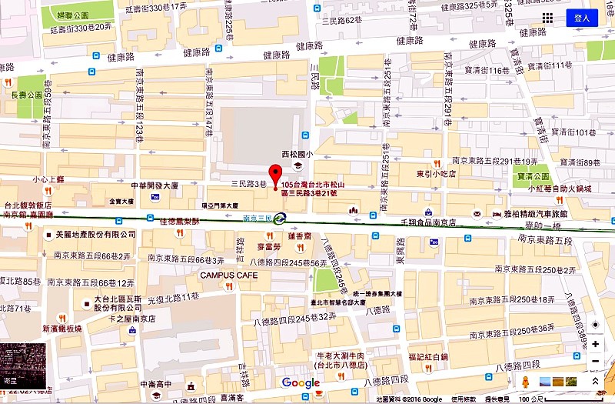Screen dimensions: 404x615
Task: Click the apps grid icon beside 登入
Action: tap(547, 18)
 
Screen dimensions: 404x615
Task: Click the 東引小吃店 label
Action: tap(437, 174)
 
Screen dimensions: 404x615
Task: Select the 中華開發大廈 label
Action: tap(154, 185)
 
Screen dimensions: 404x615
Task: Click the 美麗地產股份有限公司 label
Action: tap(90, 233)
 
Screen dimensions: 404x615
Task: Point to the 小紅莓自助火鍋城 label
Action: tap(559, 188)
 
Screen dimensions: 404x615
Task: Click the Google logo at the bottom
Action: tap(301, 382)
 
